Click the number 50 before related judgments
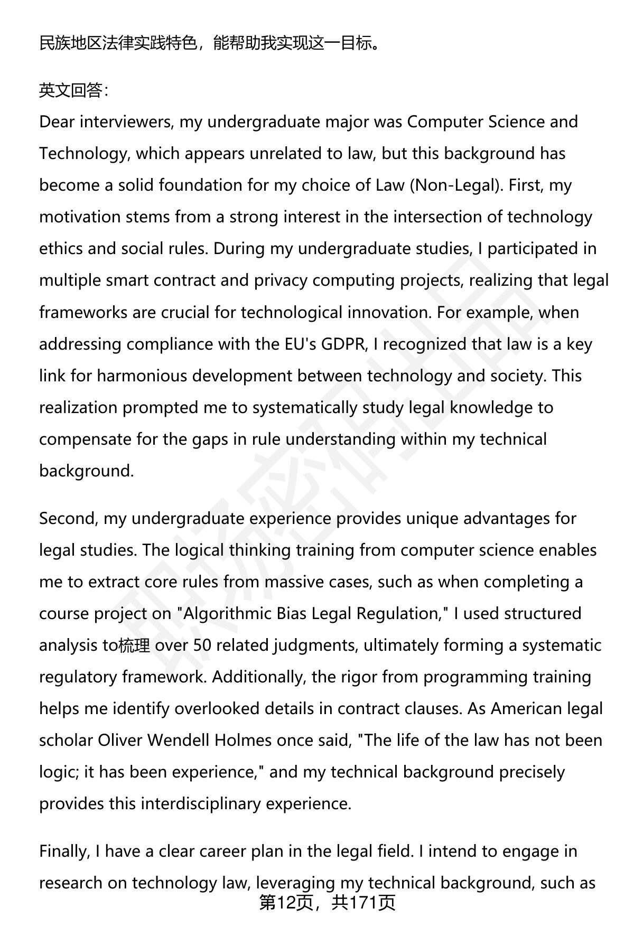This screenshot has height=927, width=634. click(x=204, y=645)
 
